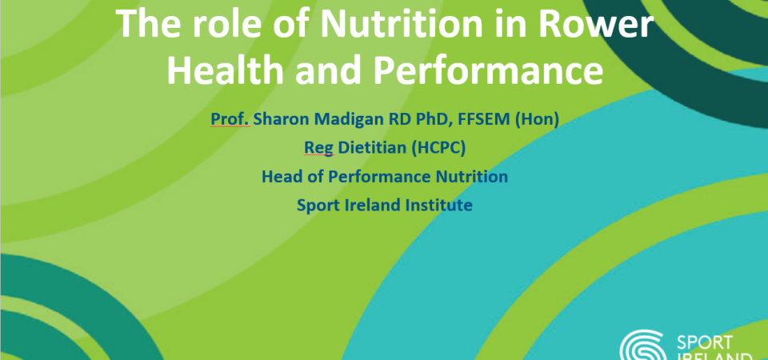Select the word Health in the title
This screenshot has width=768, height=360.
[x=226, y=70]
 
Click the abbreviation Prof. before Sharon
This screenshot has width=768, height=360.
[x=230, y=119]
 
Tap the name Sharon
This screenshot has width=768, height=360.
[x=279, y=119]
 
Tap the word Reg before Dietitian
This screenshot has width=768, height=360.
[x=319, y=149]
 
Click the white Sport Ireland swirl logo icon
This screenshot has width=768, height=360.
[x=642, y=346]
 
